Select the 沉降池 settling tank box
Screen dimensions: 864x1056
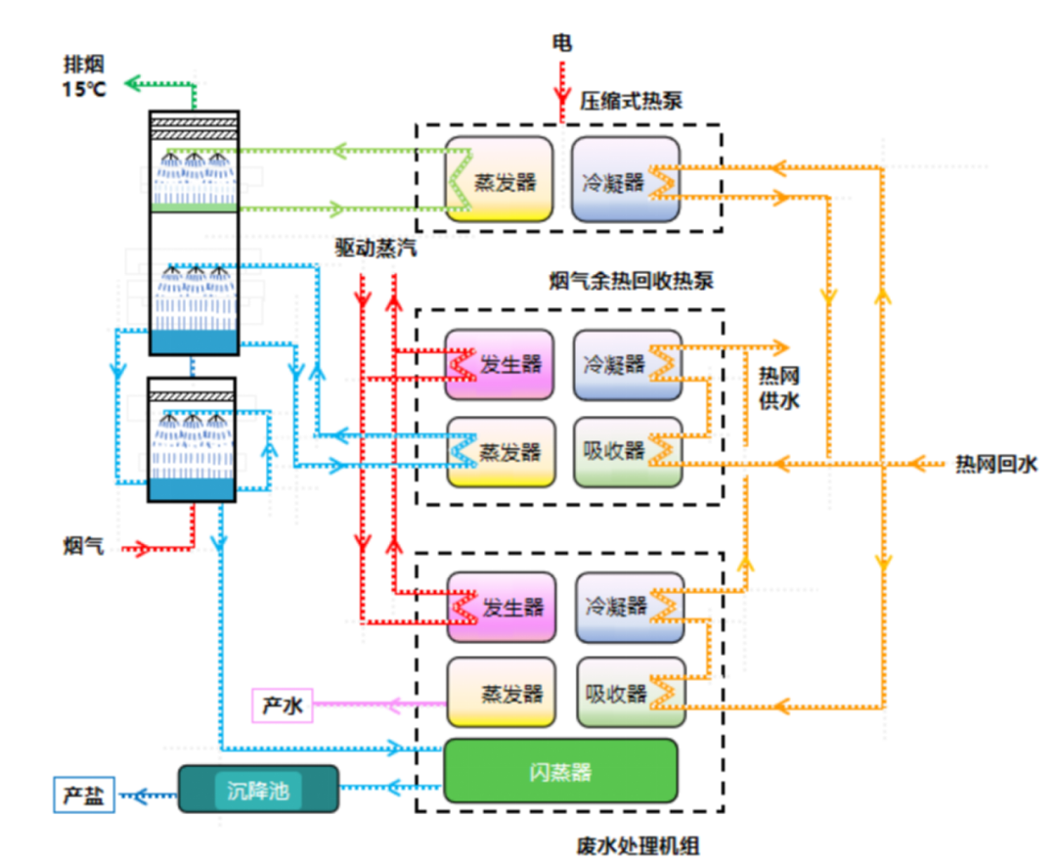click(x=258, y=790)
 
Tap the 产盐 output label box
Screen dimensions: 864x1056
click(x=83, y=794)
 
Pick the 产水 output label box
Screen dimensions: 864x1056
click(x=283, y=705)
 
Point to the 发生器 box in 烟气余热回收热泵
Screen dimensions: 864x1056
click(x=499, y=364)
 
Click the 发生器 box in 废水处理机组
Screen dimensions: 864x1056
click(x=501, y=607)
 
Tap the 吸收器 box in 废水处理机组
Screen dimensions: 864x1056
click(x=628, y=693)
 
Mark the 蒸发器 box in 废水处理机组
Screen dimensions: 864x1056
click(x=501, y=693)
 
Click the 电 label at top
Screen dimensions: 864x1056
click(x=561, y=42)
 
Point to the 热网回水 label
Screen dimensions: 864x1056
click(x=994, y=464)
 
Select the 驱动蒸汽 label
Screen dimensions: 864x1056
click(x=375, y=248)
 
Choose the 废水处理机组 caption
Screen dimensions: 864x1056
click(x=639, y=844)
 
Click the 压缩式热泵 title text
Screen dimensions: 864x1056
click(x=632, y=100)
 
